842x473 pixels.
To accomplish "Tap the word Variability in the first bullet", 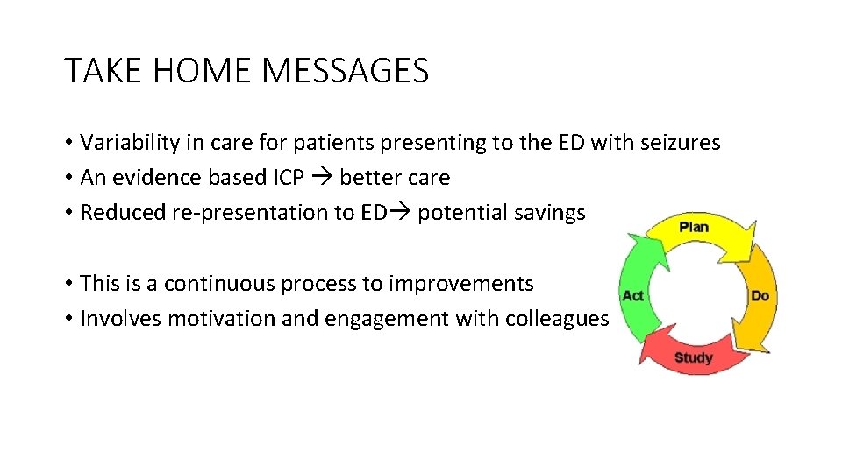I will tap(126, 142).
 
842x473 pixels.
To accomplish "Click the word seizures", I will tap(677, 142).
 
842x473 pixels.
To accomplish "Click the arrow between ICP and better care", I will tap(321, 178).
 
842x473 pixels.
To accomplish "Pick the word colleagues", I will tap(556, 319).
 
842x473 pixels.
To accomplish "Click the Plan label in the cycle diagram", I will tap(694, 227).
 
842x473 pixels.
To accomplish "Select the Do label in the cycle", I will tap(760, 295).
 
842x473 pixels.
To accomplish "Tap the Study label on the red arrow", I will tap(693, 357).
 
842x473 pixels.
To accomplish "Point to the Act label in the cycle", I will tap(632, 295).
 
